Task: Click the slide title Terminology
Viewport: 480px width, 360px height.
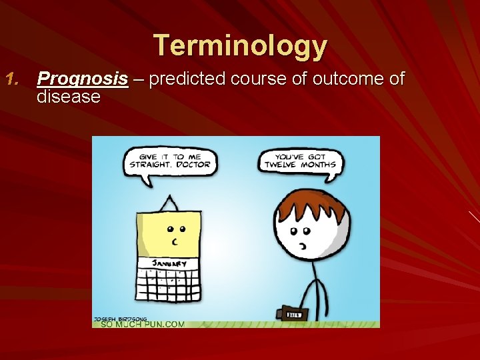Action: [241, 46]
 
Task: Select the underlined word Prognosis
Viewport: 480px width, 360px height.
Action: [83, 79]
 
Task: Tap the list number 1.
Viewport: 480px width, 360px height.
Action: [15, 79]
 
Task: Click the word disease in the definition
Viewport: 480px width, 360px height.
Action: [69, 97]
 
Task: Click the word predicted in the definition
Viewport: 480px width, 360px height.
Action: [191, 79]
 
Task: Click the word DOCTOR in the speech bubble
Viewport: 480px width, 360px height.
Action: [193, 164]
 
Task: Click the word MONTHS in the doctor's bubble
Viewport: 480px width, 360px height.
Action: [319, 164]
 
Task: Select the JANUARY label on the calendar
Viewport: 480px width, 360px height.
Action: [169, 263]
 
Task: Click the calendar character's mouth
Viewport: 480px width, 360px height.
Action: [175, 241]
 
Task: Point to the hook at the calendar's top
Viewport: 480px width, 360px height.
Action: [171, 202]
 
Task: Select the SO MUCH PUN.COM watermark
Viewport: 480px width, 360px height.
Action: [142, 324]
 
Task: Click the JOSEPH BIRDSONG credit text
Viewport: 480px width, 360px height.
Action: [120, 318]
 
